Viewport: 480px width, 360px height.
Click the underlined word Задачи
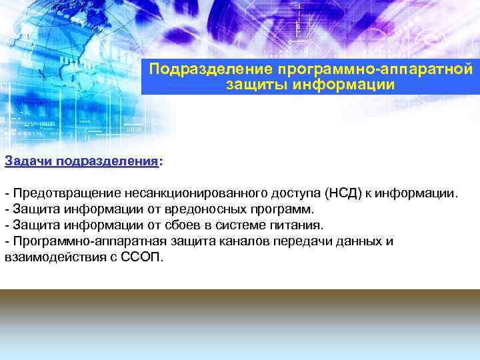(x=29, y=161)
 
